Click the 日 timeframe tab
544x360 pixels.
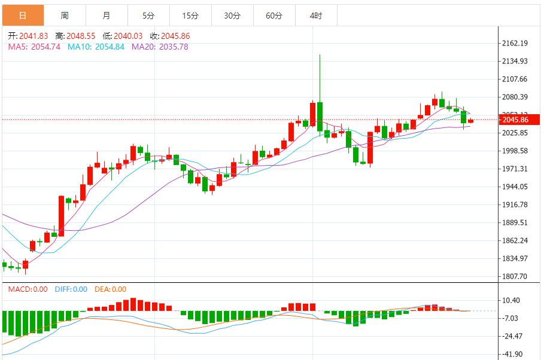(22, 15)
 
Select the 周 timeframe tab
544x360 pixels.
(65, 15)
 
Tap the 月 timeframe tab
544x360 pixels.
(106, 15)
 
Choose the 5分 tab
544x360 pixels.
(148, 15)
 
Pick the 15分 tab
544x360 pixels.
(190, 15)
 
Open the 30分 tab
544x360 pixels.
(232, 15)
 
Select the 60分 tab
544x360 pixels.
(273, 15)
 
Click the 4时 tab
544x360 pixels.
(315, 15)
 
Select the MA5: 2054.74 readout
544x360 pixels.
(34, 47)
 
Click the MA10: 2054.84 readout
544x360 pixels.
(96, 47)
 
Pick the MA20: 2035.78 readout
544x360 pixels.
(160, 47)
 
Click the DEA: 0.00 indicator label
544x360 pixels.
(110, 289)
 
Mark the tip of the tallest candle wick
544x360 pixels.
(320, 56)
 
